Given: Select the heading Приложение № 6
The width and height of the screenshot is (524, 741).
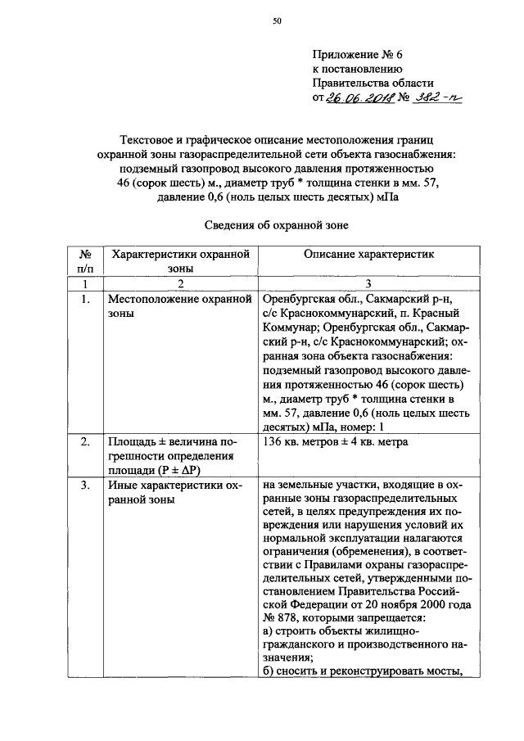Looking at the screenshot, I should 358,56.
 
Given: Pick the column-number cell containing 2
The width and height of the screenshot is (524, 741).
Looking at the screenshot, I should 179,283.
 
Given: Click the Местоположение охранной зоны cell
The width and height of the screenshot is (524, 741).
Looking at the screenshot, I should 178,305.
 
